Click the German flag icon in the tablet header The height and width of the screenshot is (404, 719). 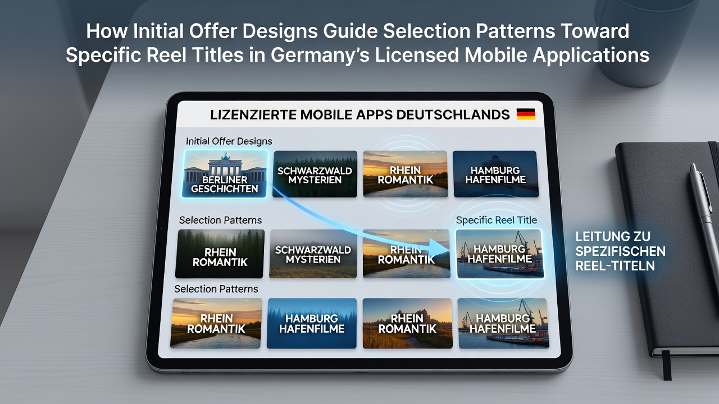pyautogui.click(x=526, y=114)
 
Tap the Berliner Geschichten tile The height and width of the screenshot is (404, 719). pyautogui.click(x=224, y=174)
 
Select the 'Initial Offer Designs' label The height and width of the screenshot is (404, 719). pyautogui.click(x=229, y=141)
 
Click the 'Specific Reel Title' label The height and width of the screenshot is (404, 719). pyautogui.click(x=496, y=220)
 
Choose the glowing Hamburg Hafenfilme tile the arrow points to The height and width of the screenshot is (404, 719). pyautogui.click(x=500, y=254)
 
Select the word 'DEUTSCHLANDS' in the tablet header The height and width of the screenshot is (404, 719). pyautogui.click(x=453, y=115)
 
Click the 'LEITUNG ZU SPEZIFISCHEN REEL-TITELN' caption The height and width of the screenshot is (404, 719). pyautogui.click(x=620, y=251)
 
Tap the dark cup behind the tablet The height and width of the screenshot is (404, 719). pyautogui.click(x=645, y=42)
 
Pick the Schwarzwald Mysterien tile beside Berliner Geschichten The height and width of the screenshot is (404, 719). pyautogui.click(x=315, y=174)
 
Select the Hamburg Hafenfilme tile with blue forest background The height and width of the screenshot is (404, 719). pyautogui.click(x=312, y=323)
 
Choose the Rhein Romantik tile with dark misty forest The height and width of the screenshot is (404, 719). pyautogui.click(x=220, y=254)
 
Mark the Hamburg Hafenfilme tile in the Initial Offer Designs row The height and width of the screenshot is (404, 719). pyautogui.click(x=495, y=174)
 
